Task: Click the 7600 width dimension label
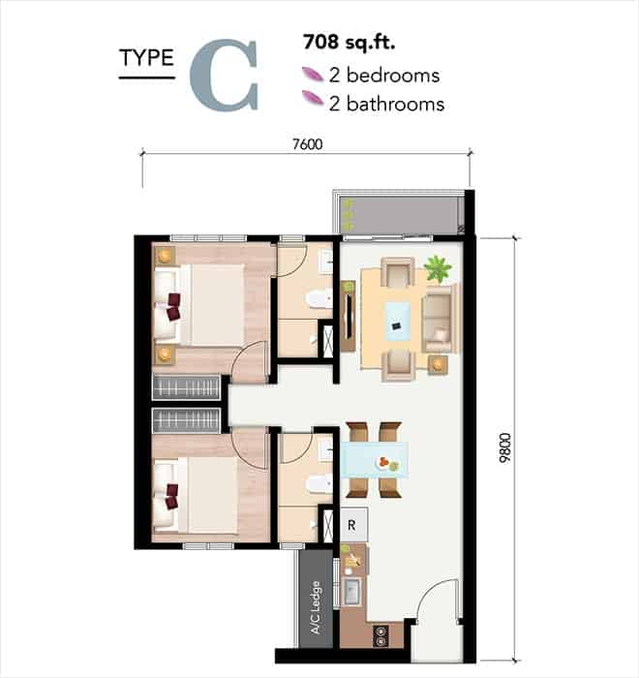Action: (x=307, y=144)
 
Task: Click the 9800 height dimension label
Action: (x=504, y=447)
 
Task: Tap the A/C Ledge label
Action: (x=316, y=607)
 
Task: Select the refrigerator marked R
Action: (x=353, y=525)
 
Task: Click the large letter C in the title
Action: (x=224, y=75)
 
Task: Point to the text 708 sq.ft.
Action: (x=349, y=42)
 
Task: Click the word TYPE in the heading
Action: (x=147, y=58)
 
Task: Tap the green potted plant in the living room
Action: (x=438, y=268)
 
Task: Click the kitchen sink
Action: (x=352, y=592)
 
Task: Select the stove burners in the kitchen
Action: (x=381, y=635)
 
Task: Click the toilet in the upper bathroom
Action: (x=319, y=298)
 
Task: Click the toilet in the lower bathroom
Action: (x=319, y=484)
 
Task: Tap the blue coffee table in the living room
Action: (x=397, y=322)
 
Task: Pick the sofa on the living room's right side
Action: (x=439, y=319)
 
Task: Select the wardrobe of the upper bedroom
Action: (x=186, y=386)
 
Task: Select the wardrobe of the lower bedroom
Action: (x=186, y=420)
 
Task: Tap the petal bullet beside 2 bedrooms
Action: (x=313, y=74)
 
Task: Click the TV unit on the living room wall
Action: (x=348, y=316)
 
